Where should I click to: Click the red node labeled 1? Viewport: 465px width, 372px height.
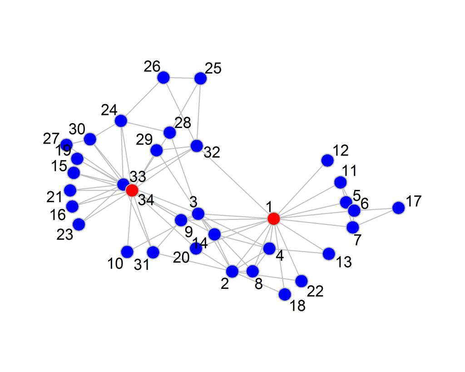273,218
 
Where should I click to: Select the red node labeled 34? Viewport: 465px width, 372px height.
132,190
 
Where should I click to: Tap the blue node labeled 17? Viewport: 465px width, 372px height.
398,208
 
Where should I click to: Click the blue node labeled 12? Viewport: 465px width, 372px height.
327,160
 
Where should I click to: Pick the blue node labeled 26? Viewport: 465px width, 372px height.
163,78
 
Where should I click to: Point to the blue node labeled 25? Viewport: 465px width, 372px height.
200,78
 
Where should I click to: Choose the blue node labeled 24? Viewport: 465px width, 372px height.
121,121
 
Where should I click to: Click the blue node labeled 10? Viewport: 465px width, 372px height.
127,251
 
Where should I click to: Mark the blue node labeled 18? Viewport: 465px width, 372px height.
285,294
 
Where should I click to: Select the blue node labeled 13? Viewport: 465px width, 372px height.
329,254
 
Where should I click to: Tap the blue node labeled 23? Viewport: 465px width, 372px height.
79,224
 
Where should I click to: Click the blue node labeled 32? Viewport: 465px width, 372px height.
197,146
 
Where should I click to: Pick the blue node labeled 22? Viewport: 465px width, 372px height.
301,281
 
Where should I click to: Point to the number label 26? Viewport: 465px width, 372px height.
153,66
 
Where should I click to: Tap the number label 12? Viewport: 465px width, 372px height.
340,150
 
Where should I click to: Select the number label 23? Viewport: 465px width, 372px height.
65,235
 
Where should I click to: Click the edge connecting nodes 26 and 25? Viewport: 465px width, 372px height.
182,78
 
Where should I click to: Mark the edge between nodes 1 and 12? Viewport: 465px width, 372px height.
300,189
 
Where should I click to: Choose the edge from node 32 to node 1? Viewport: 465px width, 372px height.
235,182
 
